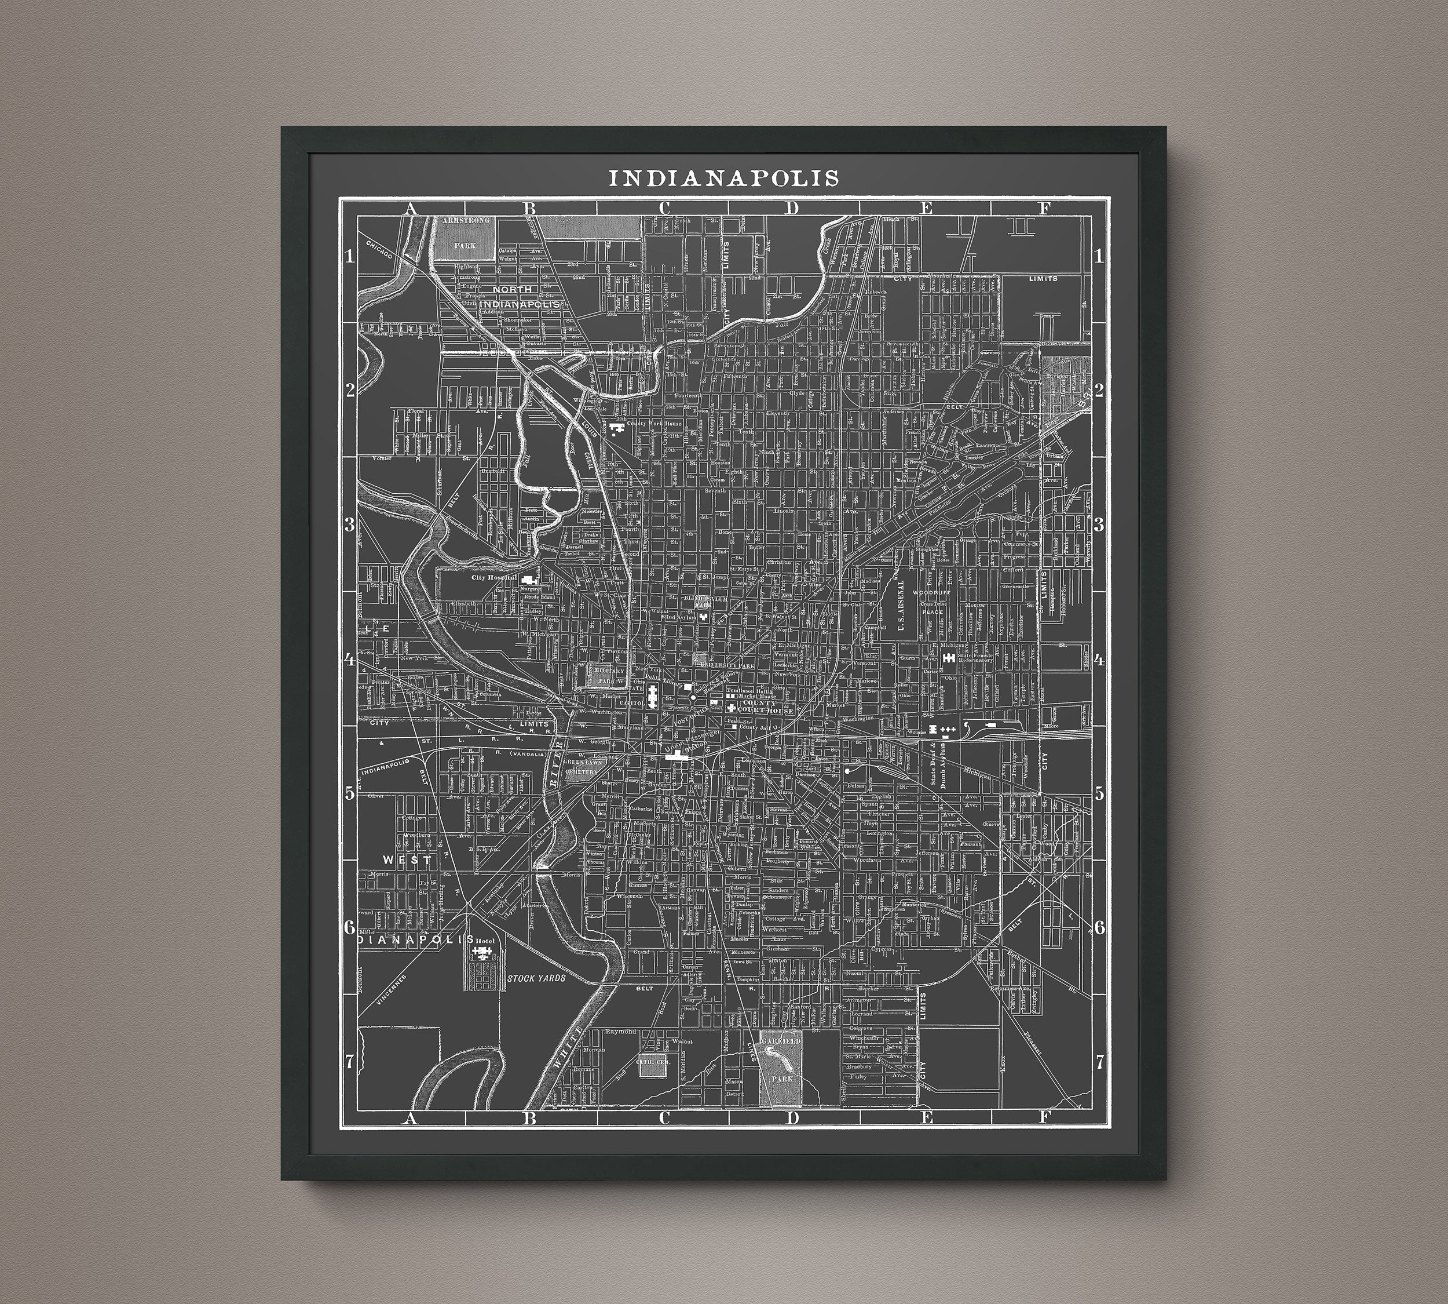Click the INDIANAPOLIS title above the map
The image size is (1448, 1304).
723,178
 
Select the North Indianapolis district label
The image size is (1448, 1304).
524,297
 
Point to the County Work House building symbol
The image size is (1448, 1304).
615,427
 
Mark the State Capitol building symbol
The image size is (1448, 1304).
652,695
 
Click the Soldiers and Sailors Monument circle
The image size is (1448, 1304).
693,695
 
